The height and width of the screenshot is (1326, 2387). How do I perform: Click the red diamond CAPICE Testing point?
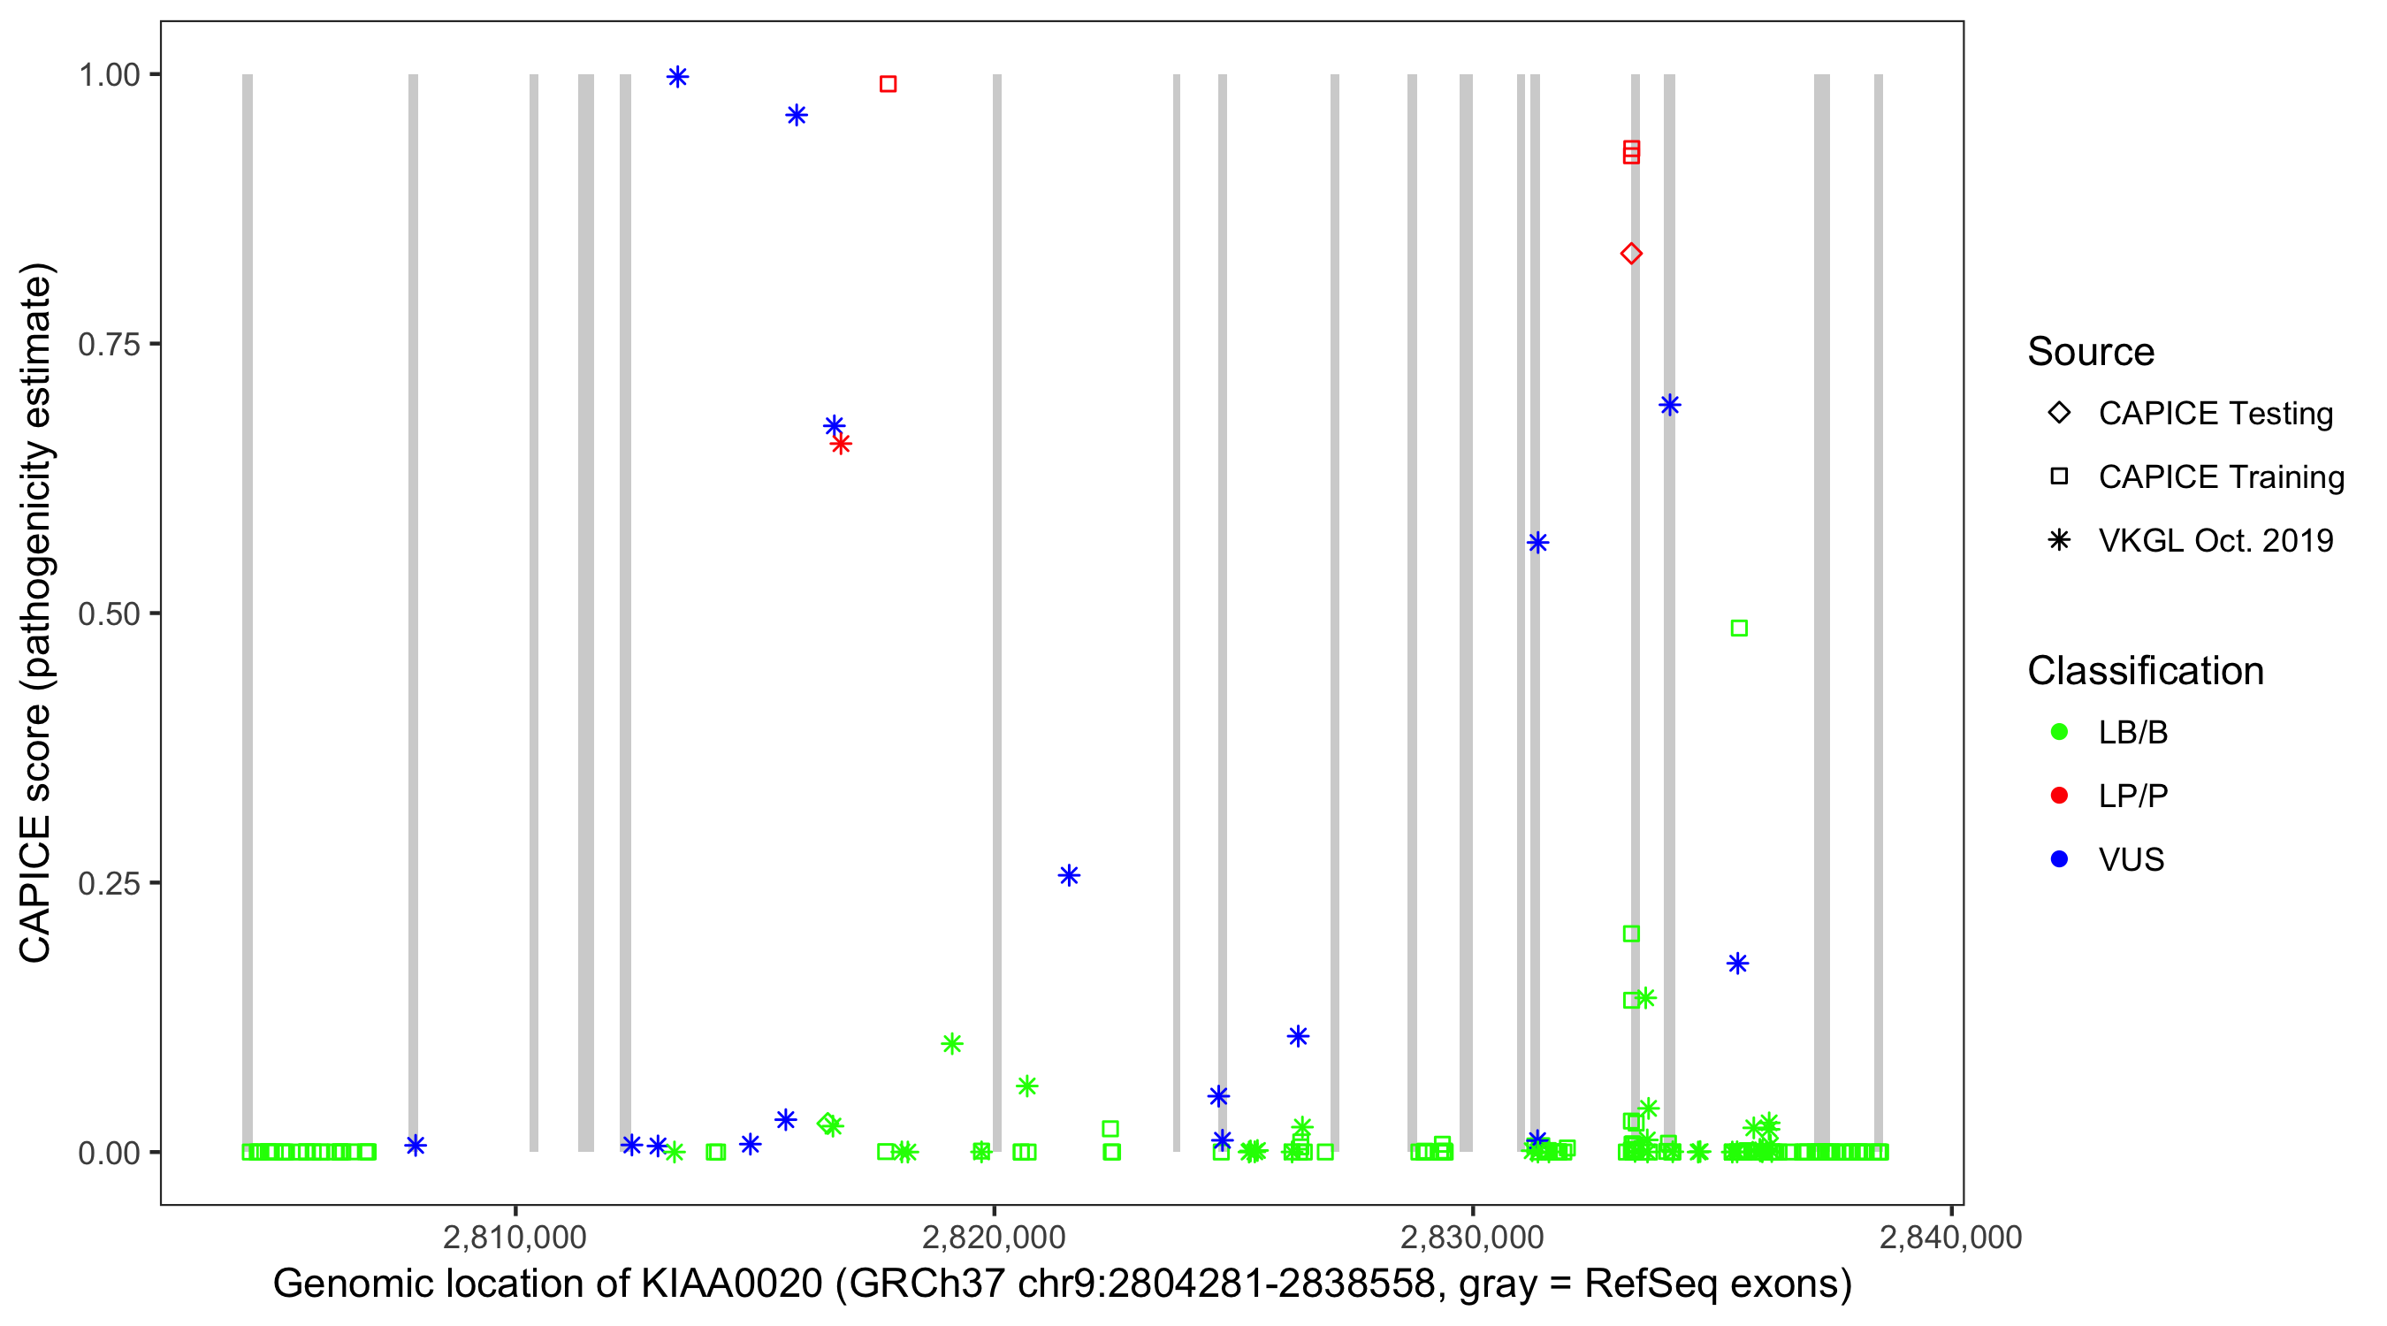click(x=1631, y=253)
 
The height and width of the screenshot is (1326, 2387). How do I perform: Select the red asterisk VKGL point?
click(x=841, y=444)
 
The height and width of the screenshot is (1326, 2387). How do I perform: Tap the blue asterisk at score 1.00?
click(x=677, y=77)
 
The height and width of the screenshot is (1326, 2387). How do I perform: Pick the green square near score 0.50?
click(x=1738, y=629)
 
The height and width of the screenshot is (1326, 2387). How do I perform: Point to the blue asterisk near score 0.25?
click(x=1069, y=875)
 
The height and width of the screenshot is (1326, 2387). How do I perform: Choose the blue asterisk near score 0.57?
click(x=1537, y=542)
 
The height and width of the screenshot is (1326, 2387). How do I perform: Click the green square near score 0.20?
click(x=1631, y=934)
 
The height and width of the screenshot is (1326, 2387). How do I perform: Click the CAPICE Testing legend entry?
click(x=2215, y=414)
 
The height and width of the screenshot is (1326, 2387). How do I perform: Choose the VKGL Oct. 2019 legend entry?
click(x=2215, y=540)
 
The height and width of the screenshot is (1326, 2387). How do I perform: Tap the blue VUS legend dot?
click(x=2059, y=859)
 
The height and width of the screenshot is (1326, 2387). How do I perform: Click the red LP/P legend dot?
click(x=2059, y=795)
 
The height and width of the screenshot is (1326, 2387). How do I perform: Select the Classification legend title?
click(x=2144, y=670)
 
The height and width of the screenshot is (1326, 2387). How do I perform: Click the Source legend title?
click(x=2090, y=351)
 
